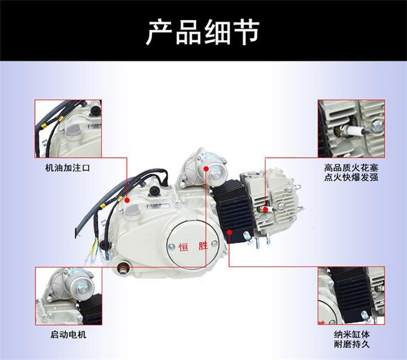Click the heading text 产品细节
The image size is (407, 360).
click(x=203, y=32)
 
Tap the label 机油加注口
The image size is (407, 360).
click(x=68, y=168)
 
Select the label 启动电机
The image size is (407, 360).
click(x=68, y=335)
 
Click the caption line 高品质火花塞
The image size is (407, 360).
click(x=351, y=168)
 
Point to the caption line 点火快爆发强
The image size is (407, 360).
click(x=351, y=177)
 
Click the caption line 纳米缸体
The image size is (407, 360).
click(x=351, y=335)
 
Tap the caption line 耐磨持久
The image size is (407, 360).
click(x=351, y=345)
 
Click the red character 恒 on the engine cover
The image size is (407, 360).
click(x=183, y=247)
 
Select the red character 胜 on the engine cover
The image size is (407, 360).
click(x=204, y=246)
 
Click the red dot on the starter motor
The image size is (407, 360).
click(x=206, y=169)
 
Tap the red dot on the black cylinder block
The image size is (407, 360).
click(x=229, y=232)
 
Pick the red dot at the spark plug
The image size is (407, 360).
click(x=265, y=209)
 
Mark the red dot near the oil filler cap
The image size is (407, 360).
click(x=127, y=200)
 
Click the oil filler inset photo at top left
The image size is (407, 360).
click(x=68, y=129)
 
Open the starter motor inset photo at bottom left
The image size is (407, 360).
click(x=69, y=296)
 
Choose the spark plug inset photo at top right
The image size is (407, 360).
click(x=351, y=129)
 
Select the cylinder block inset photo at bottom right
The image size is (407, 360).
click(x=351, y=296)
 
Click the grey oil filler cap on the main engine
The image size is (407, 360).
click(x=133, y=210)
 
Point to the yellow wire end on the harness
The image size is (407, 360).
click(x=92, y=250)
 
